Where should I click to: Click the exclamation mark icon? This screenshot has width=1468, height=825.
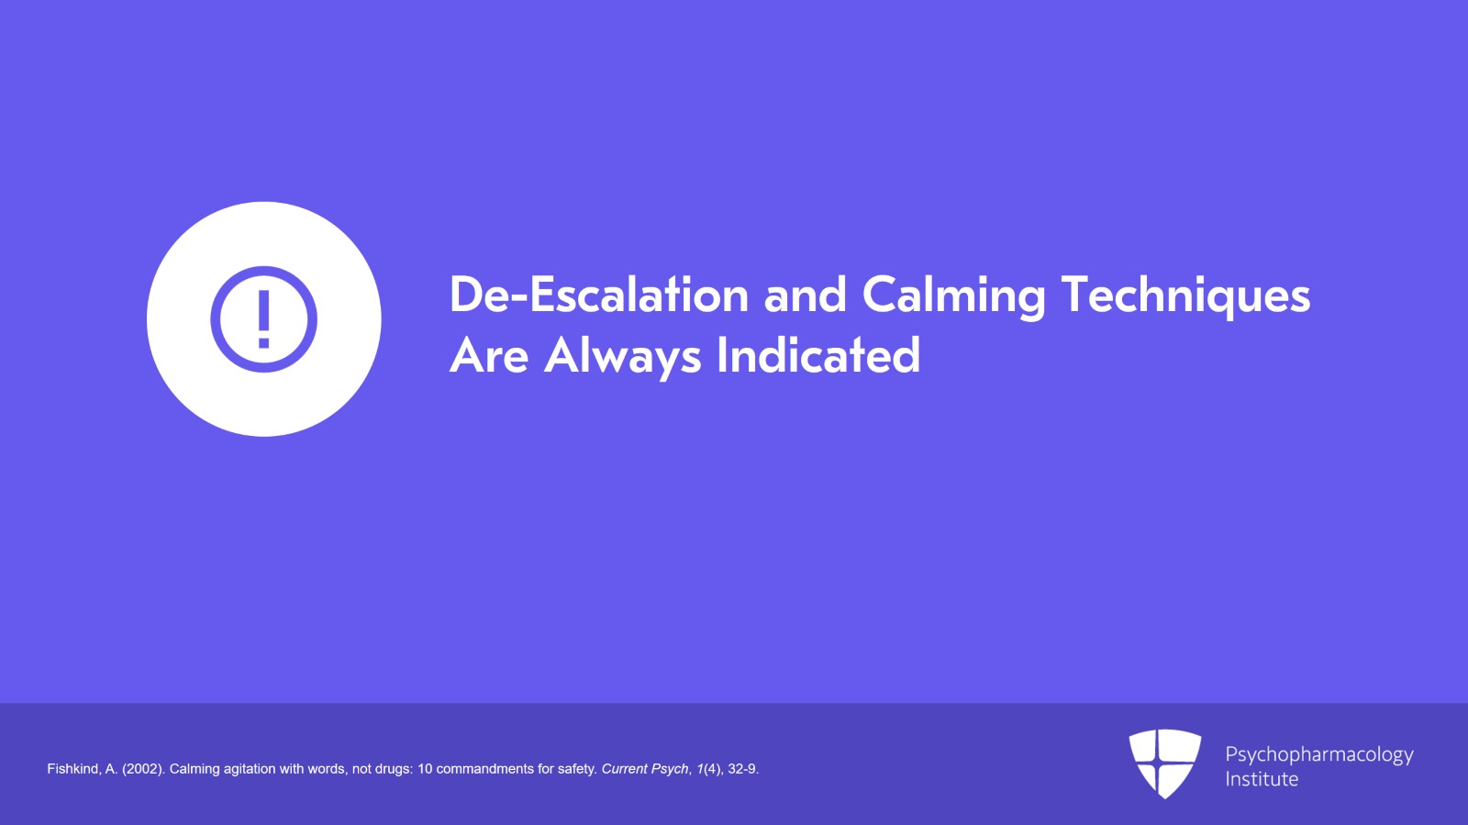pos(263,319)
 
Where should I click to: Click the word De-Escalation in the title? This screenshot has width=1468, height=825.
pos(599,295)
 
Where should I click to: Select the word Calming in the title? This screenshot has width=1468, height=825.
pos(953,296)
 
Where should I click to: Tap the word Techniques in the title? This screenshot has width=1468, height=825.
pos(1185,296)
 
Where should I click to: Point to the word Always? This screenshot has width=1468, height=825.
pos(623,357)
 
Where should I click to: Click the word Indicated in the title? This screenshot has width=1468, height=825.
pos(818,354)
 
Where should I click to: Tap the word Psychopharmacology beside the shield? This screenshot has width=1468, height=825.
pos(1319,755)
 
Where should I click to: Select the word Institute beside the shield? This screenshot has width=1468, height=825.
pos(1262,779)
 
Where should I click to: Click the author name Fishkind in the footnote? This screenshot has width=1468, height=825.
pos(73,769)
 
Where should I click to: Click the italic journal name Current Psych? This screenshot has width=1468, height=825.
pos(645,769)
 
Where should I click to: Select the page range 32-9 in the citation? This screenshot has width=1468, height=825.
pos(742,769)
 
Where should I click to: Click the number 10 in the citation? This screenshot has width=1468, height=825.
pos(425,769)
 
